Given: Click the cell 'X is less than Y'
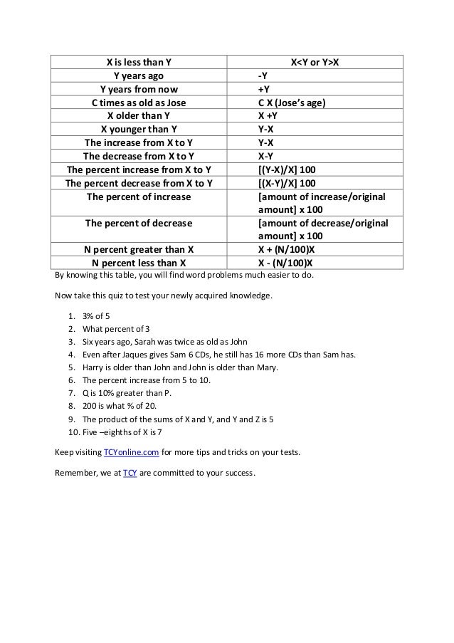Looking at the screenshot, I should coord(139,61).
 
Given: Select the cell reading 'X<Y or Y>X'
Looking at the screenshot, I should coord(314,61).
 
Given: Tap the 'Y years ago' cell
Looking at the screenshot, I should coord(139,75).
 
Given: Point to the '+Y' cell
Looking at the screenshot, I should coord(263,88).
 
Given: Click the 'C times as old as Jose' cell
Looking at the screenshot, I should coord(139,102).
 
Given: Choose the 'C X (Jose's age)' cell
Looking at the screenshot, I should coord(292,102).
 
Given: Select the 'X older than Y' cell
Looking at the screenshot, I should coord(139,115).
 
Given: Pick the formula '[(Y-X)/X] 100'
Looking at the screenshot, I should coord(292,169).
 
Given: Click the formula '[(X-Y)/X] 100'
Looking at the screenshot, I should coord(292,183).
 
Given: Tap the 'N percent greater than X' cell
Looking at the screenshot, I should coord(139,250).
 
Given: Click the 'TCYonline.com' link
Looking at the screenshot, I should coord(130,453).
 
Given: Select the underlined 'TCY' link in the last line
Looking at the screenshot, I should coord(130,473).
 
